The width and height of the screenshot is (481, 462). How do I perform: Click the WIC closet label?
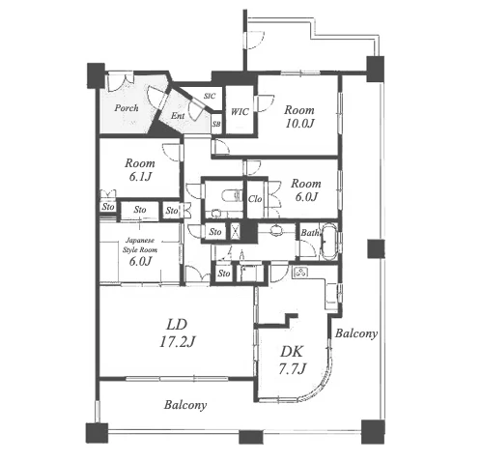coord(240,112)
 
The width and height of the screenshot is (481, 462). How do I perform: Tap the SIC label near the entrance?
coord(210,96)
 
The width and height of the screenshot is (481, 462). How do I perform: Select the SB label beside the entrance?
coord(216,124)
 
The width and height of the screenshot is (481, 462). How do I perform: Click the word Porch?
coord(127,107)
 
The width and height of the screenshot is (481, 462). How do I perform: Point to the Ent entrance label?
coord(178,116)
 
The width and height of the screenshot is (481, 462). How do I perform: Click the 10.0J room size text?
coord(299,124)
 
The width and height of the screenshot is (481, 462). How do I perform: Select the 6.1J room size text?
coord(140,177)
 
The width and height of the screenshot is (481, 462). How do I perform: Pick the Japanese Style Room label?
coord(140,245)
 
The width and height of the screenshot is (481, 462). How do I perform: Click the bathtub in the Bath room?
coord(328,241)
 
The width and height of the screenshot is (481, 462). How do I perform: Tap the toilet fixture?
coord(231,195)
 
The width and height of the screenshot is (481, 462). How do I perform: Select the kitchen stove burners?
coord(300,273)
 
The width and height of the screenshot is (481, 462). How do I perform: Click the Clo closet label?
coord(255,199)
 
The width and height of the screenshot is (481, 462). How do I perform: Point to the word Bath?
coord(310,233)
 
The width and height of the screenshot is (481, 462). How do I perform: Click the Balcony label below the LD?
coord(185,405)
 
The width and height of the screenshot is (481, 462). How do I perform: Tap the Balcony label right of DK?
coord(356,333)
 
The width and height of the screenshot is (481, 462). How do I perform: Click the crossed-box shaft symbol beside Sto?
coord(236,231)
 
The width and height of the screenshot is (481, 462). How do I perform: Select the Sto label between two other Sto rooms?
coord(140,210)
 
